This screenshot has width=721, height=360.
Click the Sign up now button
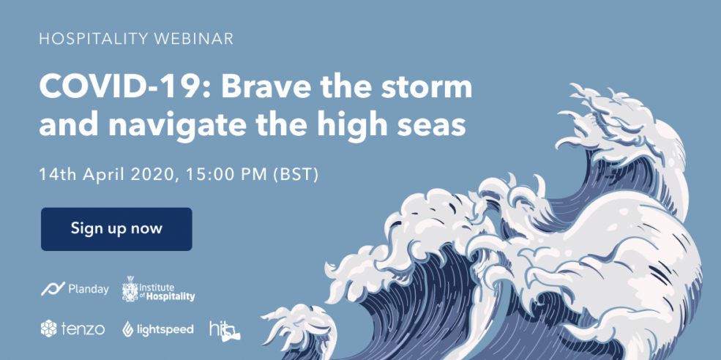[x=116, y=229]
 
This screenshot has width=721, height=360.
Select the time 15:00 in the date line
[x=203, y=175]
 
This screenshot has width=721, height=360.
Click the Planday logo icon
[x=53, y=289]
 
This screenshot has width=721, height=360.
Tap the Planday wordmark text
[x=89, y=290]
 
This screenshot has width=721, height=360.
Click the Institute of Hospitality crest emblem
[x=130, y=289]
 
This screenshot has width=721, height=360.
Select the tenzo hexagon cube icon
[x=48, y=329]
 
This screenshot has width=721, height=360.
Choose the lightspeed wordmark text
[x=164, y=330]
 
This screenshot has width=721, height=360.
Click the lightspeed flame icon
[x=127, y=329]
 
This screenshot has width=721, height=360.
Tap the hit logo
[x=225, y=330]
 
